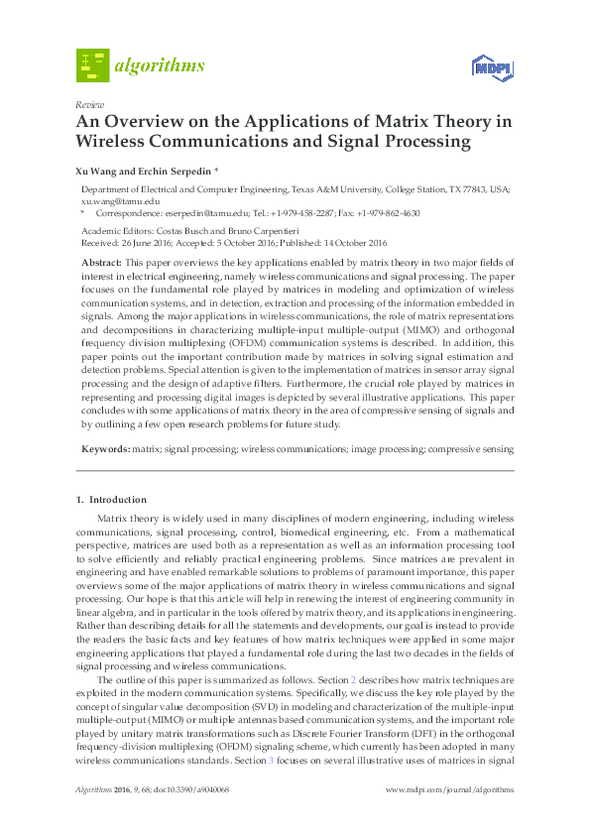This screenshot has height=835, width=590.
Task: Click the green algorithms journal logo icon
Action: coord(91,65)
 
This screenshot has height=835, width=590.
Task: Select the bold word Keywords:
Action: coord(105,449)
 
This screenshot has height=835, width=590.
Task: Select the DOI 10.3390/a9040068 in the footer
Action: coord(195,789)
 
